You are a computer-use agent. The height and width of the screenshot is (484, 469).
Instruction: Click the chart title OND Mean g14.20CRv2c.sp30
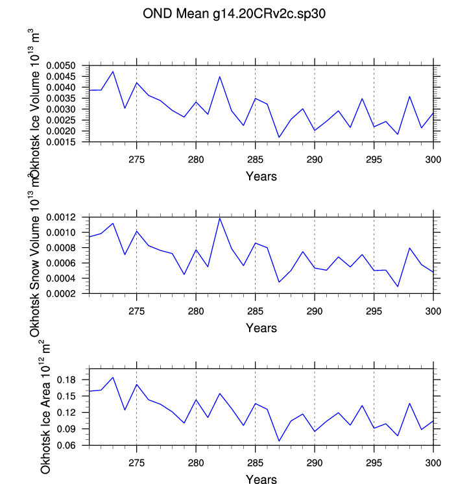point(234,15)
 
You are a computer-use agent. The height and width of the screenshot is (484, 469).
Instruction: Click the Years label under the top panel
point(261,176)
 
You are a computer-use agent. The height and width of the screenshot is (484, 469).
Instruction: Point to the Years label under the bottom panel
point(261,479)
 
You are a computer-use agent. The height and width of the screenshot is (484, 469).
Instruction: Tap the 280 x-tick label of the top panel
point(196,160)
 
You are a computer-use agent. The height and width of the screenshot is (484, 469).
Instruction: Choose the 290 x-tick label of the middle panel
point(315,311)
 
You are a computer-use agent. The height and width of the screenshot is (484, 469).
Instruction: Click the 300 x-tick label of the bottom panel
point(433,463)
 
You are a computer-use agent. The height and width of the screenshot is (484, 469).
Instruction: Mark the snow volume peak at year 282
point(220,218)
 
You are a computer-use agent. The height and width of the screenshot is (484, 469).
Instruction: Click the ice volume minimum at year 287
point(279,137)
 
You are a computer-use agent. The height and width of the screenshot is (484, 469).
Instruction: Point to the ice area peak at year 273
point(113,378)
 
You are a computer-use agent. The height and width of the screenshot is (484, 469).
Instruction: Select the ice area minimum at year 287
point(279,441)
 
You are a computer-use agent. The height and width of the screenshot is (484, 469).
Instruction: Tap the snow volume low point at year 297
point(398,286)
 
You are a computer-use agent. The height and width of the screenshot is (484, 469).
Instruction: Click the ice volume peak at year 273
point(113,71)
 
